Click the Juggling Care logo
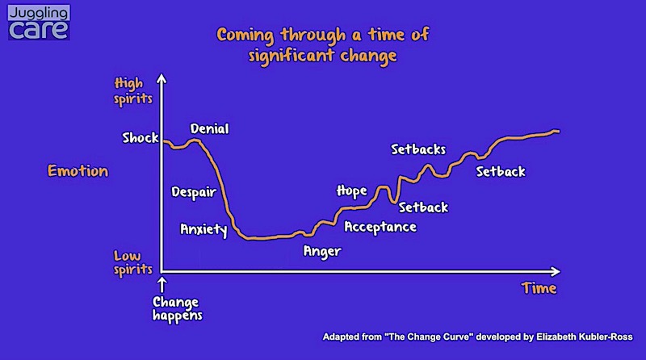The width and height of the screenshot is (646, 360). point(39,23)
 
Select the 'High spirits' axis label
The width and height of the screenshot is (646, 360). point(133,91)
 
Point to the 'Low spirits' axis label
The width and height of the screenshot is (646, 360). point(132,263)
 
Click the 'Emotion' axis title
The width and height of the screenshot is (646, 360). point(78,170)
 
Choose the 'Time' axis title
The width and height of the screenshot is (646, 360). point(539,288)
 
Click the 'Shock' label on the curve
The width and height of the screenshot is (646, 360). point(141,137)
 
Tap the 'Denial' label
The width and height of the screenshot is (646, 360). point(209,129)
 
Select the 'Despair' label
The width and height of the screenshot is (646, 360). point(194,192)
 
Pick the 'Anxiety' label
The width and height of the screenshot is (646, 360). point(203,229)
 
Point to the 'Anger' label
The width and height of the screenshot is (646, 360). point(322,251)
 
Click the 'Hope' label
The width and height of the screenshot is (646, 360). point(351,190)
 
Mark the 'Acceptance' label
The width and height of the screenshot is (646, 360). point(380,227)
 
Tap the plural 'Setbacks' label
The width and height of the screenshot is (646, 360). point(418,149)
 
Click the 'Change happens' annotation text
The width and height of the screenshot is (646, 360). point(177,309)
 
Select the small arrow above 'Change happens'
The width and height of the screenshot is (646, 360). point(162,285)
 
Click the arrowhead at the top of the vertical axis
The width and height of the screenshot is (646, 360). point(162,77)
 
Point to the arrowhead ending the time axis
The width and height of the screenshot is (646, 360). point(556,271)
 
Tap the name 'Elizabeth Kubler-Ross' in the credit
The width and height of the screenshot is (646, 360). point(584,337)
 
